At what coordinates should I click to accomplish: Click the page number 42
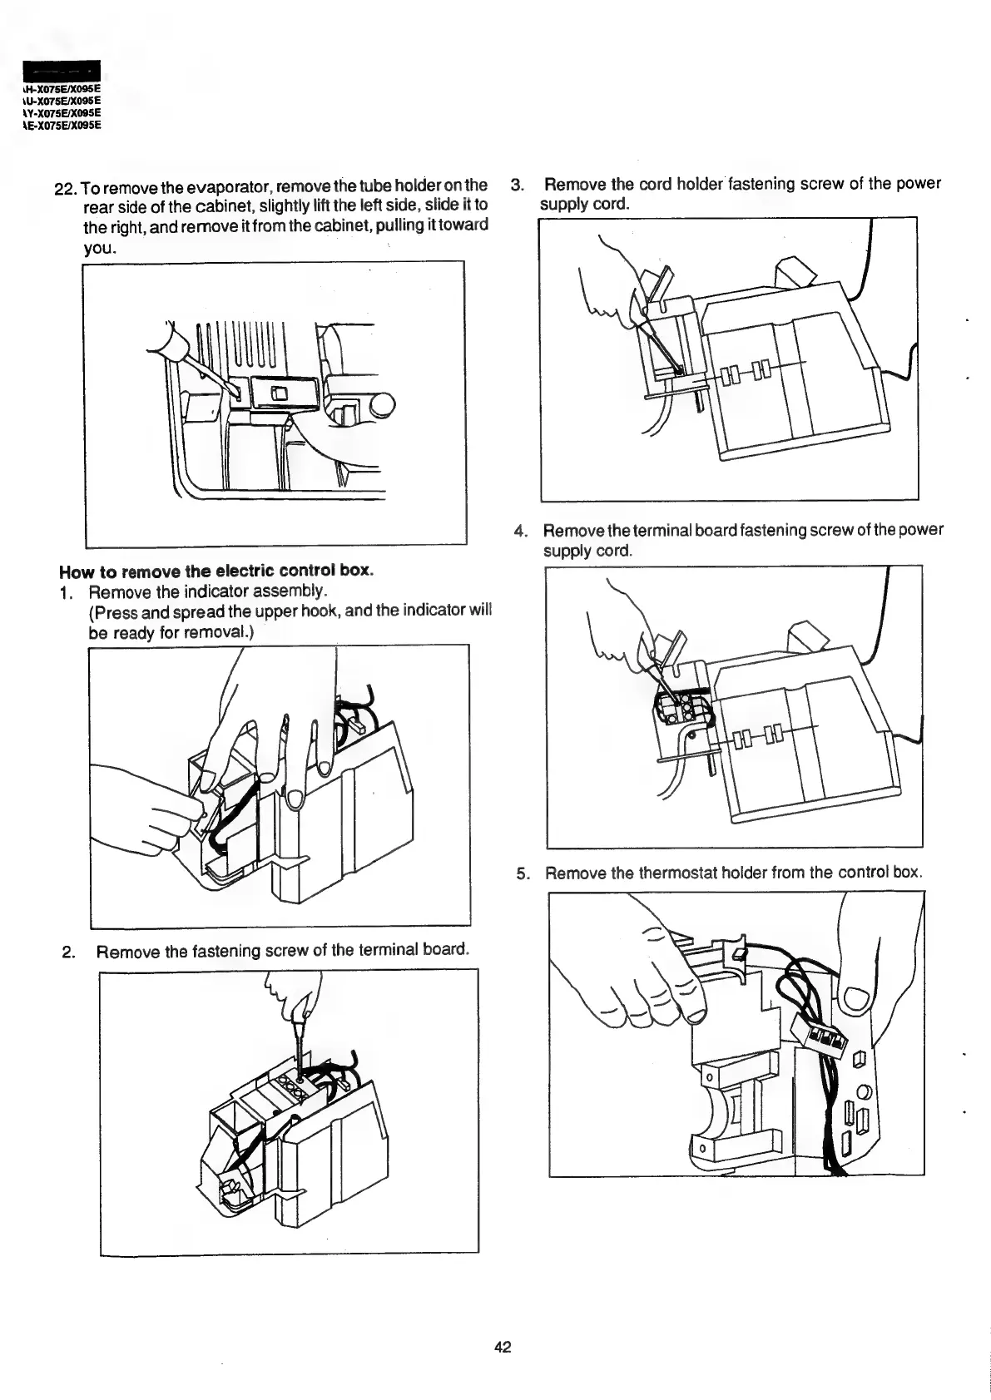click(x=502, y=1347)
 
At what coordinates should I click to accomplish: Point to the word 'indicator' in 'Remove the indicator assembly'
click(x=185, y=591)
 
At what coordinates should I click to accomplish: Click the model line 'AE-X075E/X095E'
click(x=59, y=126)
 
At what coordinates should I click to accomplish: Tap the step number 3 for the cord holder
click(x=517, y=184)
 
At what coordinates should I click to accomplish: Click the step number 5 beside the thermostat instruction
click(x=522, y=873)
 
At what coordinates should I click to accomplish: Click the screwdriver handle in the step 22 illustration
click(x=172, y=344)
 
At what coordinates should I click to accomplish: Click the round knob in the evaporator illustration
click(x=382, y=406)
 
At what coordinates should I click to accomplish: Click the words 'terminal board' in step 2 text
click(x=409, y=950)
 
